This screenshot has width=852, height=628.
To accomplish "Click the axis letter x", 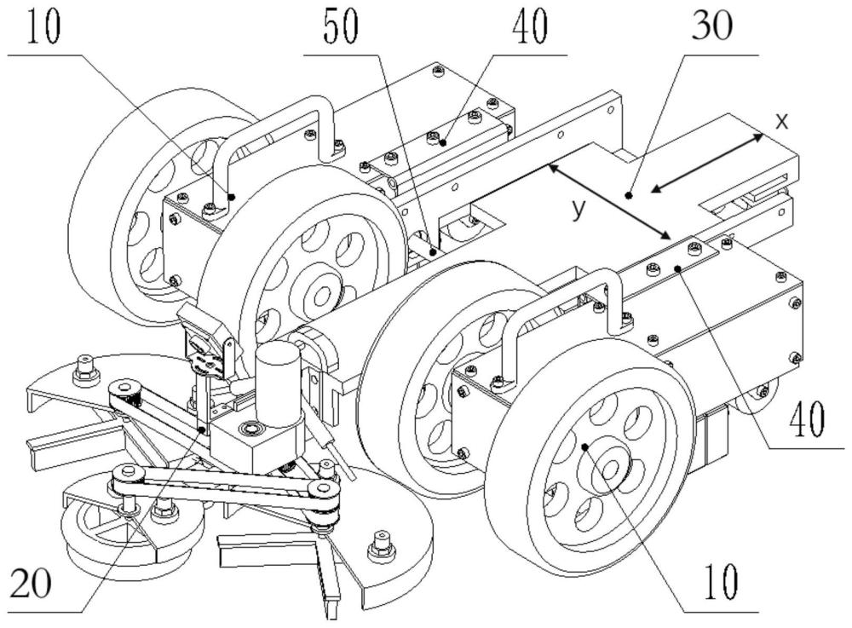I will [x=781, y=120].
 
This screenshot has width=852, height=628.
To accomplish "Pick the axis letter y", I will [x=580, y=208].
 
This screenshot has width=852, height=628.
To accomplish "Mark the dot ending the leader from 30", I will [x=629, y=195].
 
